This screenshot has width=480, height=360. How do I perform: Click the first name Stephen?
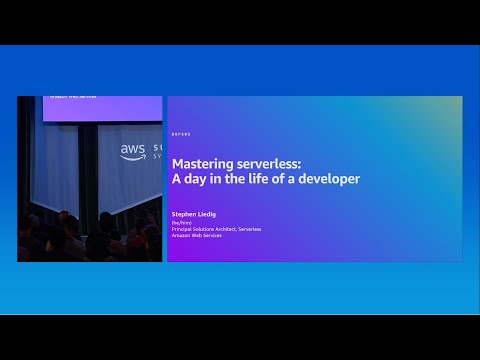tap(186, 213)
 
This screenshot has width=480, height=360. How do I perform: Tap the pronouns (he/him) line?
tap(183, 222)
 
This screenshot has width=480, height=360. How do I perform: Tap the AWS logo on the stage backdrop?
tap(133, 151)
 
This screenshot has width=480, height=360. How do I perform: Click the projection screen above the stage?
tap(90, 108)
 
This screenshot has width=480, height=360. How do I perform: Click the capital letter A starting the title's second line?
tap(178, 180)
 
